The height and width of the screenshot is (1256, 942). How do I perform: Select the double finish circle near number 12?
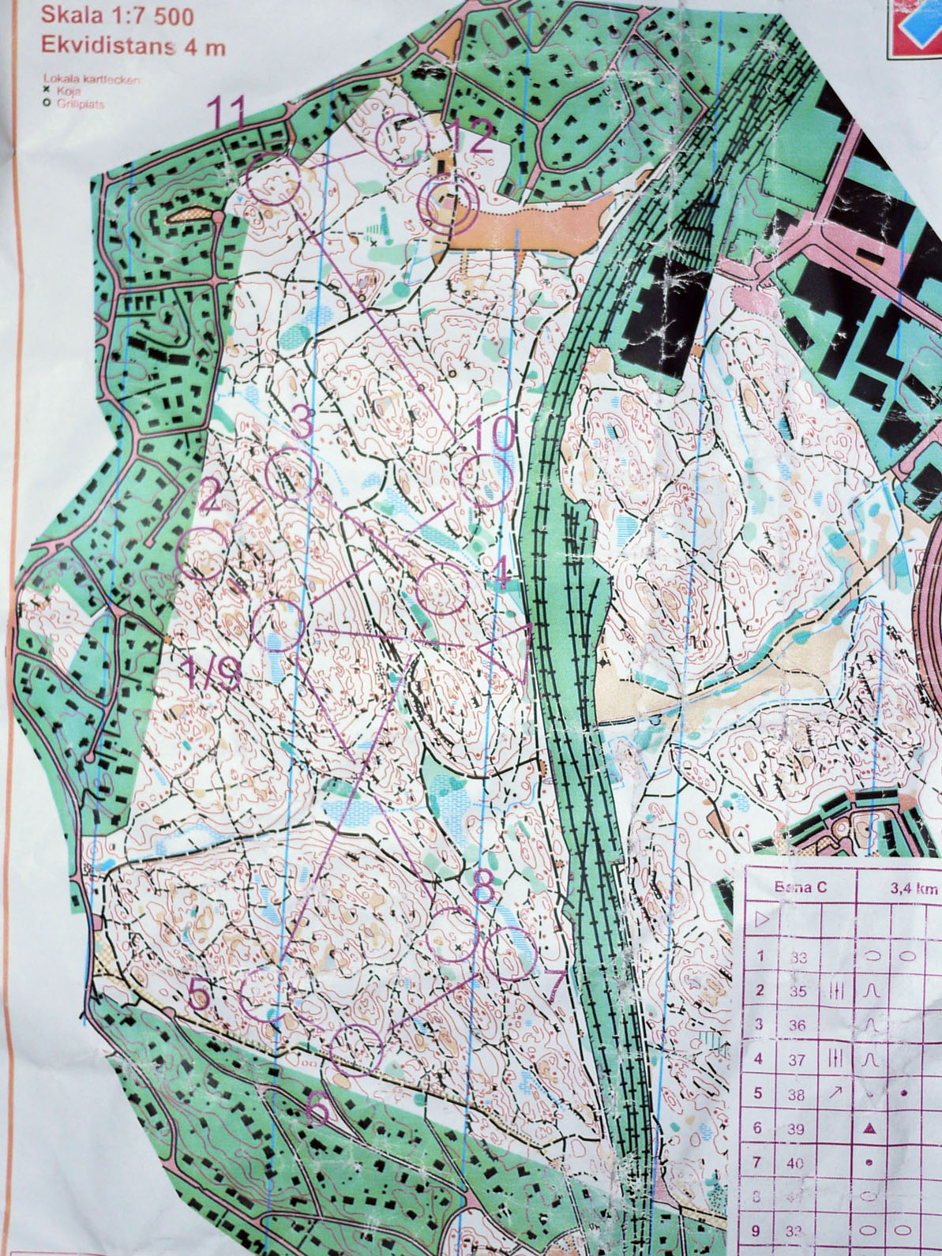click(x=448, y=204)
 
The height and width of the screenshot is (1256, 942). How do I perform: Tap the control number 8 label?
click(x=483, y=885)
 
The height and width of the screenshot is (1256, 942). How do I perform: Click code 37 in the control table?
click(x=798, y=1059)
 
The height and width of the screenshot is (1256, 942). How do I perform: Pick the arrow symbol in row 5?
click(x=836, y=1093)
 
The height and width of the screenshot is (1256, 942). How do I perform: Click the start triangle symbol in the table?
click(x=762, y=920)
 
